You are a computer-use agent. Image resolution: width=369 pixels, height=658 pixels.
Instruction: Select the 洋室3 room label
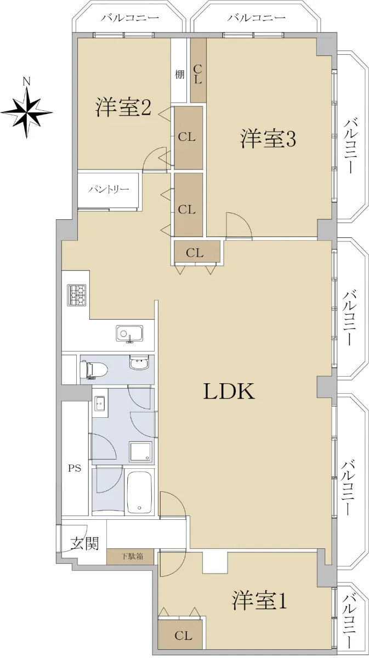[268, 139]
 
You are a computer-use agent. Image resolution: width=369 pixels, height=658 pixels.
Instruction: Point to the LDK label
[229, 392]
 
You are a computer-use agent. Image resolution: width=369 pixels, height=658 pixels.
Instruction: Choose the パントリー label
[109, 189]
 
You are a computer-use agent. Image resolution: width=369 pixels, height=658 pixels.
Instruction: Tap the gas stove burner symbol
[77, 295]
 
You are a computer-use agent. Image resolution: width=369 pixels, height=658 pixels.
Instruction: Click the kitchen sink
[129, 334]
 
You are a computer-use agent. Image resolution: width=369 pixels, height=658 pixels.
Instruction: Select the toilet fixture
[93, 368]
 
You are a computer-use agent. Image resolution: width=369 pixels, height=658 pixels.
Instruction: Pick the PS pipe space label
[75, 468]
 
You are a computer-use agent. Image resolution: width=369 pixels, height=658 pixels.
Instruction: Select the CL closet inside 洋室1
[180, 634]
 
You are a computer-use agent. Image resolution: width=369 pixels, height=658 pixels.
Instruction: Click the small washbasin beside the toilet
[139, 364]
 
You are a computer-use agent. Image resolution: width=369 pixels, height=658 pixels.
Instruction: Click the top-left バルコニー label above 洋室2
[129, 18]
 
